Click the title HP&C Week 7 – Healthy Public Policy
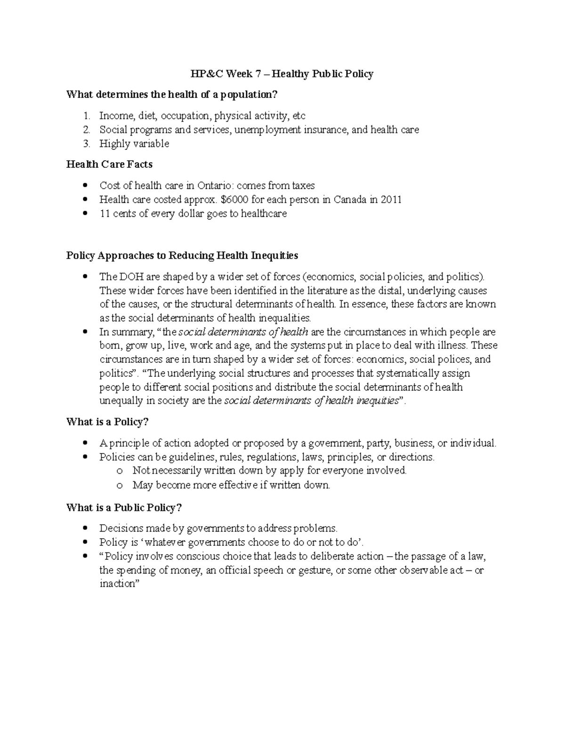pos(282,74)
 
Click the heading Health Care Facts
pos(109,164)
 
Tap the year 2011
pos(391,199)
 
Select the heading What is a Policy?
pos(107,422)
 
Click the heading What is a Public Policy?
pos(124,508)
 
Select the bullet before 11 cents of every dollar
pos(85,214)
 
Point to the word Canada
pos(350,199)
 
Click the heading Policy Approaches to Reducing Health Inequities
pos(182,255)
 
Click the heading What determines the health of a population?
pos(172,95)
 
